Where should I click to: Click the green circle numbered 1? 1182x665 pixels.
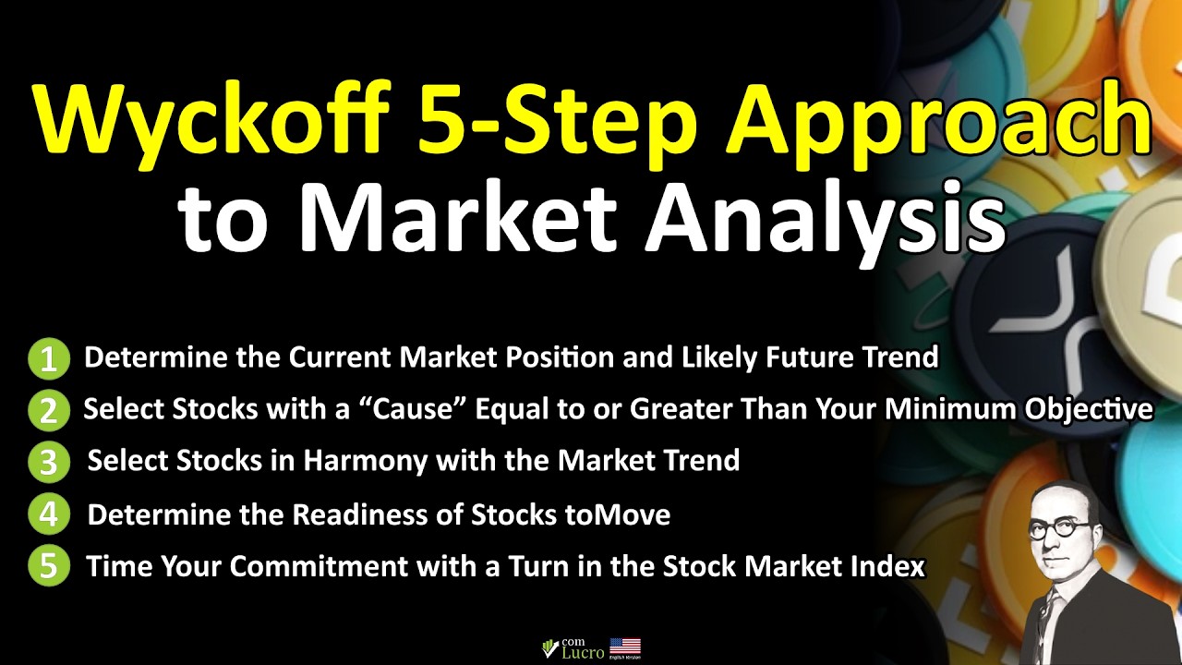[x=48, y=359]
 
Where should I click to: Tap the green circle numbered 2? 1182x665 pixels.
[x=48, y=411]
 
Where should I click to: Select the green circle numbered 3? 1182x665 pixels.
[x=48, y=462]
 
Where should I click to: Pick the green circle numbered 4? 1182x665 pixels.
[x=48, y=514]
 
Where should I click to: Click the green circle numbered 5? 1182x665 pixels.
[x=48, y=566]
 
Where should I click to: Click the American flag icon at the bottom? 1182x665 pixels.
[x=625, y=647]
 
